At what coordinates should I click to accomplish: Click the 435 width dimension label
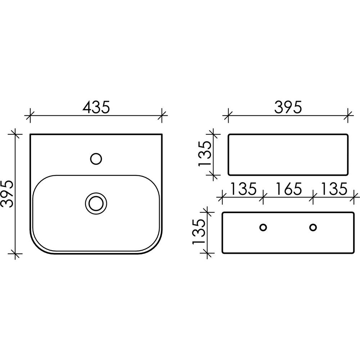[x=96, y=107]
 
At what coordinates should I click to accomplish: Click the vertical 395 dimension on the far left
[x=6, y=194]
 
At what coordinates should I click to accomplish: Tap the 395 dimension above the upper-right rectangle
[x=288, y=107]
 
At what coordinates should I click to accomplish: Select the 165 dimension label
[x=288, y=189]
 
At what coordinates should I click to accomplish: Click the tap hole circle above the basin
[x=96, y=159]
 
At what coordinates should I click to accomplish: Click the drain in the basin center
[x=96, y=203]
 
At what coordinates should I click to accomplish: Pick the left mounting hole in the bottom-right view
[x=263, y=228]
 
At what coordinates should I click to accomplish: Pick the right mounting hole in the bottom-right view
[x=313, y=228]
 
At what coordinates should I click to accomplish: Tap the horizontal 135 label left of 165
[x=243, y=189]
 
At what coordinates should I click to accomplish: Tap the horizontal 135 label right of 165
[x=334, y=189]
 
